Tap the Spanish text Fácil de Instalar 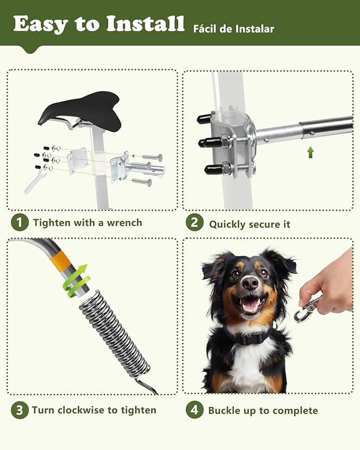click(234, 28)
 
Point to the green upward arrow click(311, 153)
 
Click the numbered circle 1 click(19, 223)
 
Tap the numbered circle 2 click(194, 223)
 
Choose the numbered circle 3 click(19, 410)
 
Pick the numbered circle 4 click(194, 410)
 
